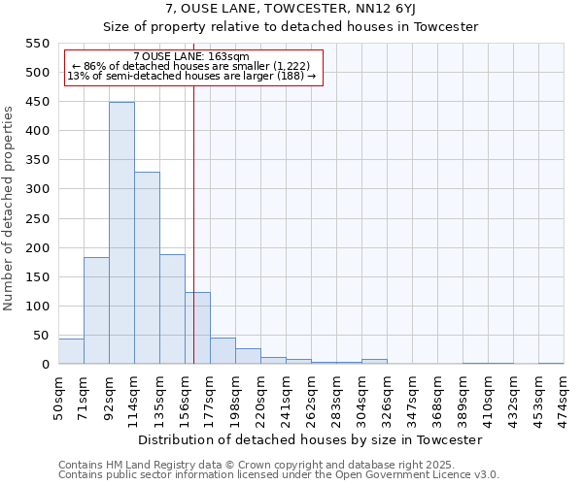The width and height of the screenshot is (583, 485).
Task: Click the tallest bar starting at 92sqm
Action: pyautogui.click(x=121, y=233)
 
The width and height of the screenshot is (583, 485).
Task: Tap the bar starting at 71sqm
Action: pyautogui.click(x=96, y=310)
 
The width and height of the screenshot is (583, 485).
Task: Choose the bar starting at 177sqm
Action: pyautogui.click(x=223, y=351)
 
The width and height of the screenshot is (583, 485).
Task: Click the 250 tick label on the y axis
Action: pyautogui.click(x=36, y=219)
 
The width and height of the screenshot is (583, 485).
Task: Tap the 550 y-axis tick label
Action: pyautogui.click(x=36, y=44)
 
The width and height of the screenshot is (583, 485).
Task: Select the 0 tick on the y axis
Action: pyautogui.click(x=44, y=365)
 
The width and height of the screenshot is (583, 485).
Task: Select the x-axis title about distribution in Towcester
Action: pyautogui.click(x=310, y=439)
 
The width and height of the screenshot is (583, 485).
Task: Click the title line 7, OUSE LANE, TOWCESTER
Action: pyautogui.click(x=291, y=9)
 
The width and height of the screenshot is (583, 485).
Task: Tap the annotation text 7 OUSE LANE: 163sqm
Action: pyautogui.click(x=191, y=57)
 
